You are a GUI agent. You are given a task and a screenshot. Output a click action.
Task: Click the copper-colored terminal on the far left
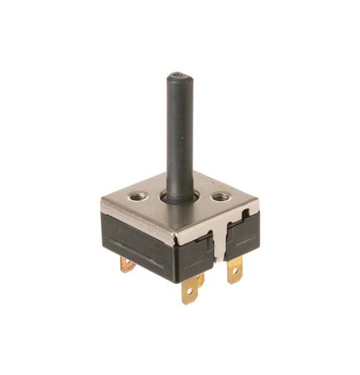[x=127, y=264]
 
